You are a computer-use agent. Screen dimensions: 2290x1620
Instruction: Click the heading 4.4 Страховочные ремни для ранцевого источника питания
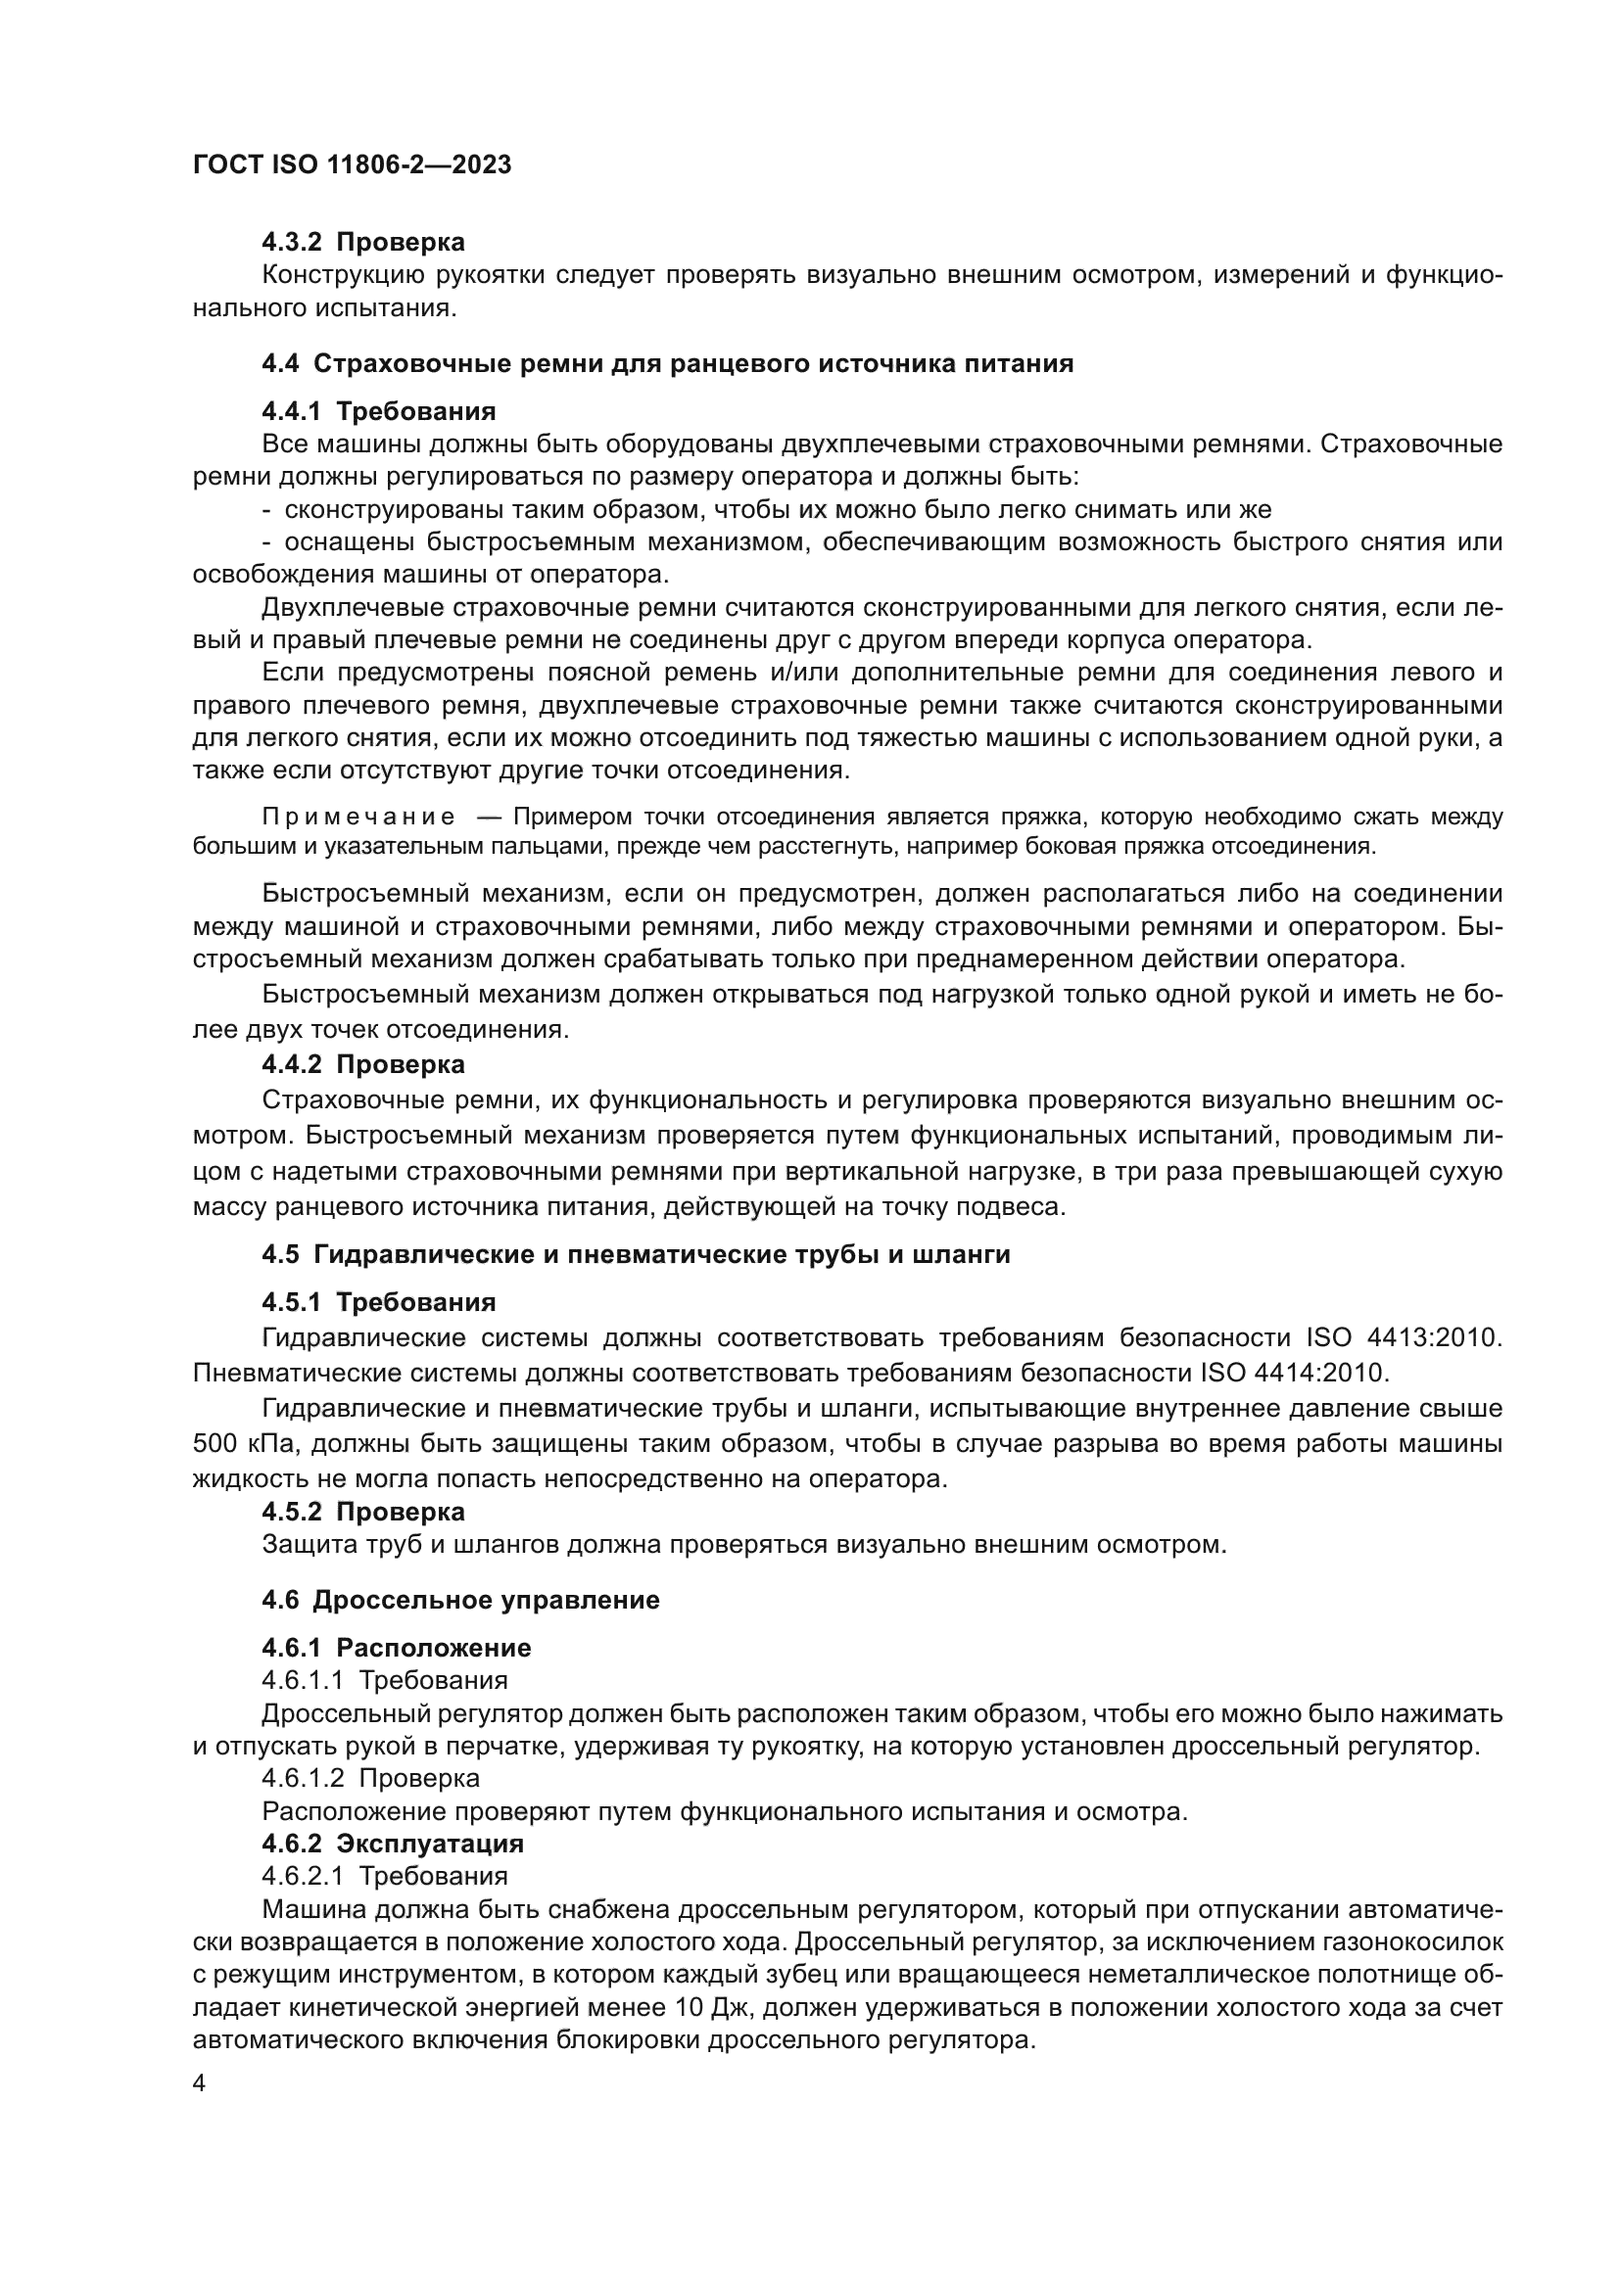[x=667, y=363]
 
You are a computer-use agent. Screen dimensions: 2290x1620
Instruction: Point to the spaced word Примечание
[x=358, y=818]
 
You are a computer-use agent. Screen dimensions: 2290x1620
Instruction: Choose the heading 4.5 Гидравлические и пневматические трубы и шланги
[x=636, y=1254]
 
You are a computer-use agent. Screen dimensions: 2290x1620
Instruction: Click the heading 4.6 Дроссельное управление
[x=460, y=1600]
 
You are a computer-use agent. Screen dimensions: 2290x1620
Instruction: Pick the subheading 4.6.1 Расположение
[x=396, y=1647]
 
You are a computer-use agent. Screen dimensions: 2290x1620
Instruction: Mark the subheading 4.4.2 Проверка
[x=363, y=1064]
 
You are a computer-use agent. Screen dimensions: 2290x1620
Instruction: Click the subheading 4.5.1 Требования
[x=378, y=1301]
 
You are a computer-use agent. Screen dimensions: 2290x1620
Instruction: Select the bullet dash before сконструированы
[x=266, y=511]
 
